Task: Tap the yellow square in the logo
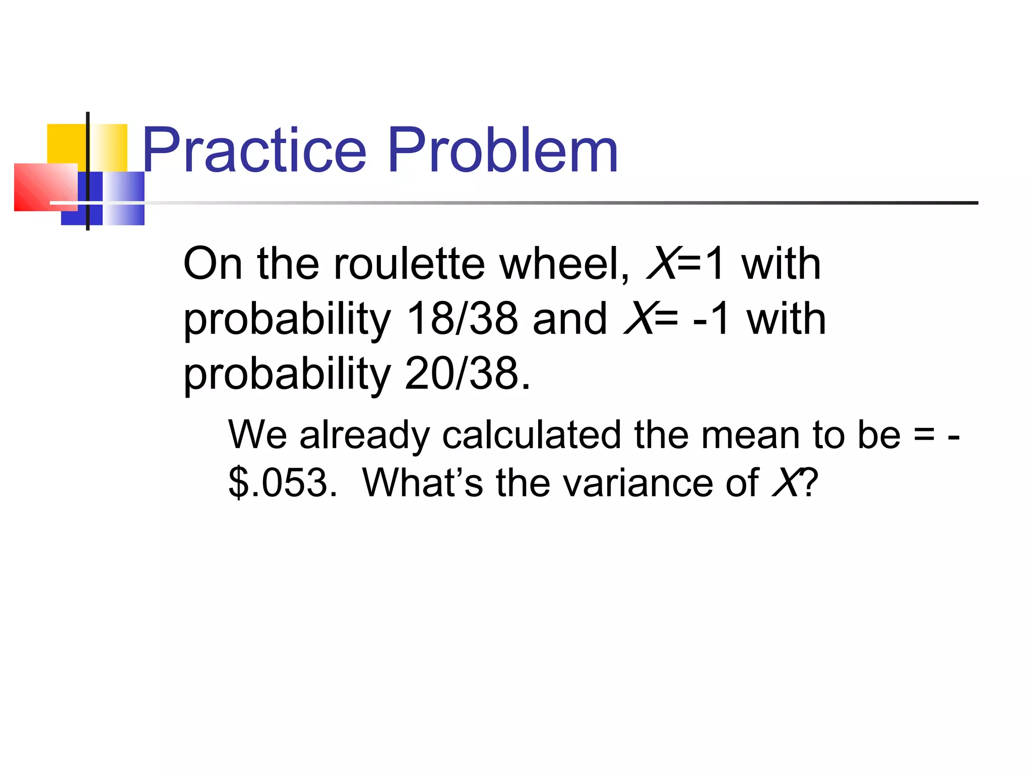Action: (x=68, y=144)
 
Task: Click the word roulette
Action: (x=409, y=264)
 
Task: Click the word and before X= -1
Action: (x=570, y=319)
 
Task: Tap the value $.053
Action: (x=282, y=483)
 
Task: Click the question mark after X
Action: (x=809, y=483)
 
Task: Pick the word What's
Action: (x=422, y=483)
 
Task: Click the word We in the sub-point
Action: (x=257, y=435)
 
